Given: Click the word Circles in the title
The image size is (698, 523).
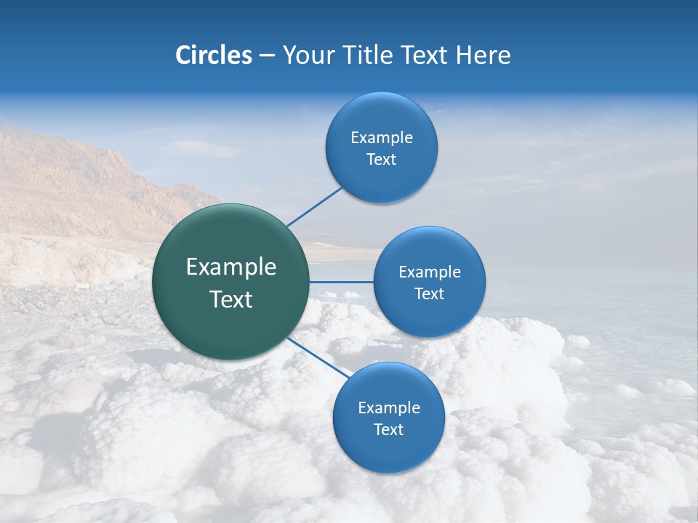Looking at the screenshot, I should tap(213, 55).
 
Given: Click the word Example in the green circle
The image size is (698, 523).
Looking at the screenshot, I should tap(231, 267).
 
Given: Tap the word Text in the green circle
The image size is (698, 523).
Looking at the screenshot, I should tap(231, 299).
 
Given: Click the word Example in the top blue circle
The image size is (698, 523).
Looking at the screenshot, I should tap(382, 137).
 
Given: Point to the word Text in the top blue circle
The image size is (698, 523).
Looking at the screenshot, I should tap(382, 159).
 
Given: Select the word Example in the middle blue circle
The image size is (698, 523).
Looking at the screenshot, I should tap(430, 272).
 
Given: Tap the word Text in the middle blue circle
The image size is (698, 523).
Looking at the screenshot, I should tap(430, 293).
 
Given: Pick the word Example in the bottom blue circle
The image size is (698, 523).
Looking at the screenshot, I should tap(389, 408).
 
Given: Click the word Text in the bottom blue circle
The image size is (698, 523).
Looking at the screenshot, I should tap(389, 429).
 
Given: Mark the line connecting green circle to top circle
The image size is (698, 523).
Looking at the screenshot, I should tap(314, 206).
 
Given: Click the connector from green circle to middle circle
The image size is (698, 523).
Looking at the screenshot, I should tap(342, 282).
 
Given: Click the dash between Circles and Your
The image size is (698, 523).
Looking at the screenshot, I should tap(267, 55).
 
